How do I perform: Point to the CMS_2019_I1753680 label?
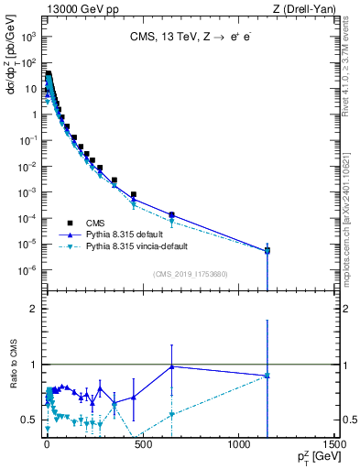pyautogui.click(x=190, y=273)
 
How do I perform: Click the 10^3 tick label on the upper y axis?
pyautogui.click(x=30, y=38)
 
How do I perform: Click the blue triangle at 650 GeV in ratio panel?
pyautogui.click(x=171, y=366)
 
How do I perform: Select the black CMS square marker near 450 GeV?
pyautogui.click(x=133, y=195)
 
